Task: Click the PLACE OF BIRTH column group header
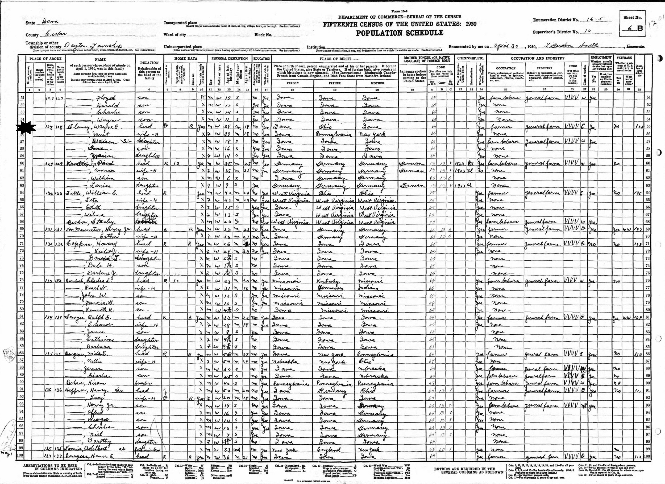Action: click(x=335, y=58)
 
